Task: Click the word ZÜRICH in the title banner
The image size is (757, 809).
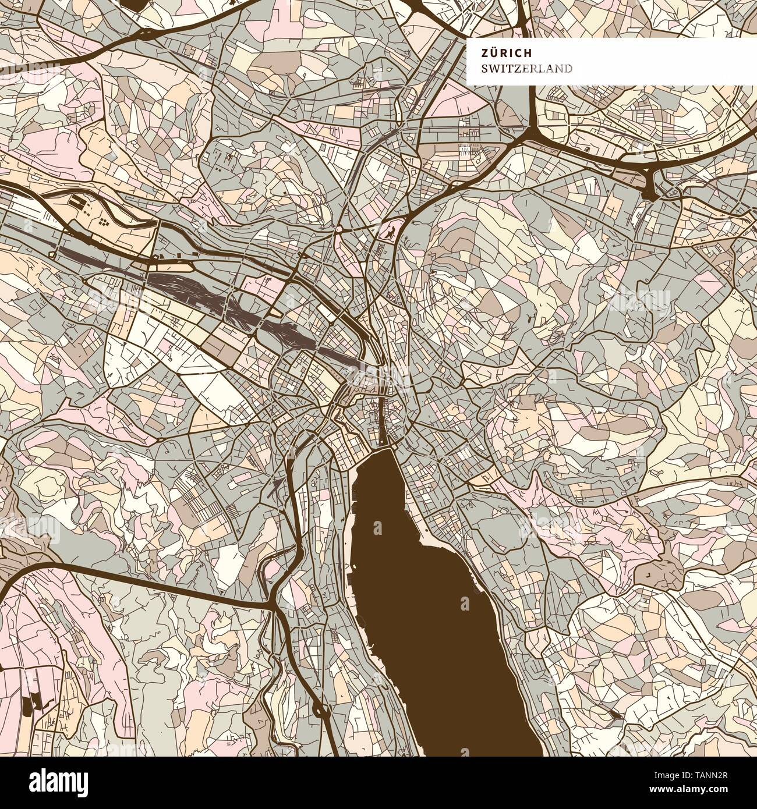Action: click(x=498, y=52)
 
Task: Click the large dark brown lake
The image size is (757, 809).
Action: click(x=431, y=611)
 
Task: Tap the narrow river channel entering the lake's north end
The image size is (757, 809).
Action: click(x=381, y=419)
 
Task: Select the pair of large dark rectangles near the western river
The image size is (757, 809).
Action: click(x=77, y=202)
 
